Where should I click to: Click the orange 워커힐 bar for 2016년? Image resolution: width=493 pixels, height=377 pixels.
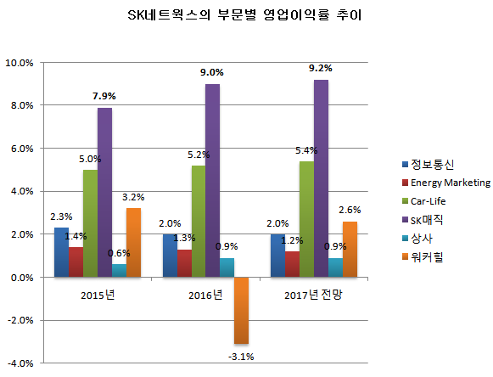[x=242, y=310]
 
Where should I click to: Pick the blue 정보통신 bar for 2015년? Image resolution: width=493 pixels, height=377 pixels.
[x=61, y=252]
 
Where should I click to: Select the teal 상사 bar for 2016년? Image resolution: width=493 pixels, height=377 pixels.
[x=227, y=267]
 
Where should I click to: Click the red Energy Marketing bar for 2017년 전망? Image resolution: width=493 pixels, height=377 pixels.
[x=293, y=264]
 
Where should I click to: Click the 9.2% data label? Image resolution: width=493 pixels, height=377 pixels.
[x=321, y=68]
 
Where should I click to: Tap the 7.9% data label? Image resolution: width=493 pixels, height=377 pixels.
[x=104, y=96]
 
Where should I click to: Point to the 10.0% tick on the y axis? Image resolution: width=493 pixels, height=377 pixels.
[x=19, y=63]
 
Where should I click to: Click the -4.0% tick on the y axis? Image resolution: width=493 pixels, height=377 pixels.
[x=19, y=363]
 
